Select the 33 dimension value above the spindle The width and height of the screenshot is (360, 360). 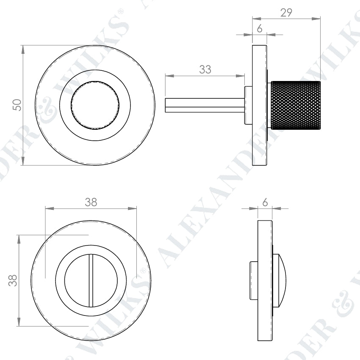205,70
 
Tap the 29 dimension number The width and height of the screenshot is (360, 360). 286,12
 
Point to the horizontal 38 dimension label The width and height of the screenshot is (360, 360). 91,202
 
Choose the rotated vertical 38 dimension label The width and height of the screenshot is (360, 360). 13,280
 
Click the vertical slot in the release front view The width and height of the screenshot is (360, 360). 91,280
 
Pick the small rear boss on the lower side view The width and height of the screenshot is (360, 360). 253,280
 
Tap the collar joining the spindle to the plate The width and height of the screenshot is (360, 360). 248,105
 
